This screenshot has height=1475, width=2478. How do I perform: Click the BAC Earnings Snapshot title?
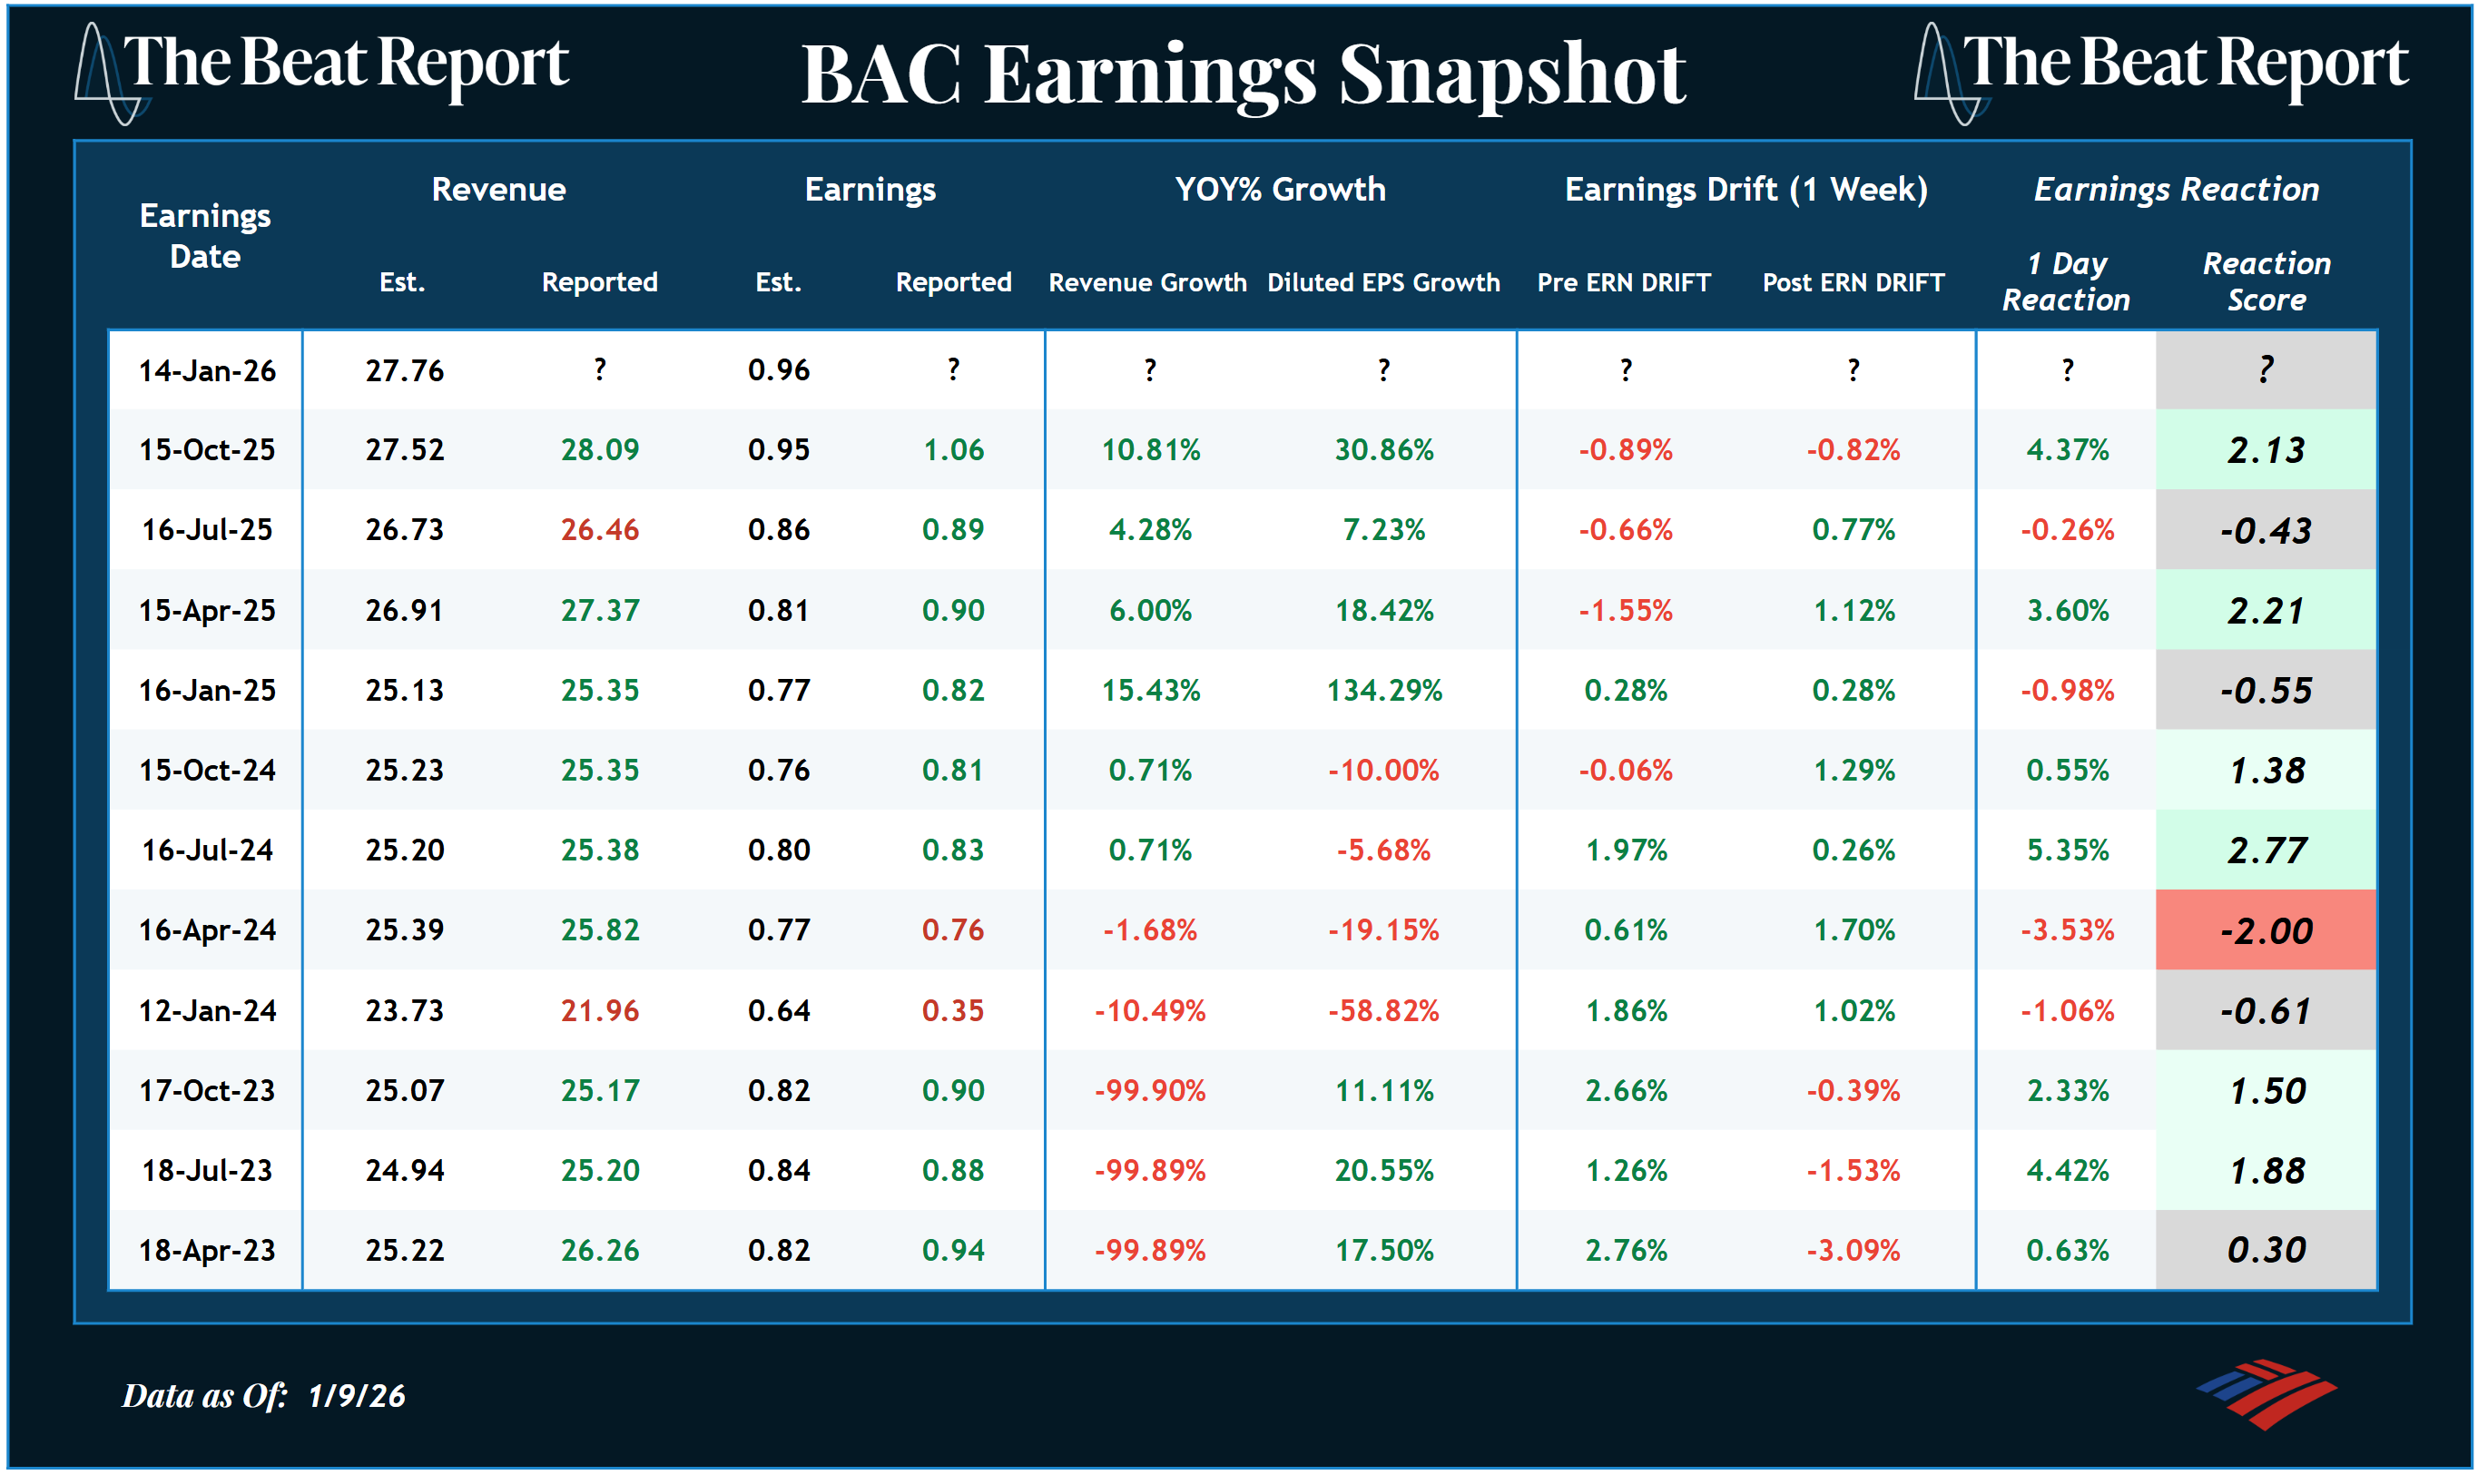pos(1243,74)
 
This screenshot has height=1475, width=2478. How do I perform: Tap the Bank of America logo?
pos(2267,1392)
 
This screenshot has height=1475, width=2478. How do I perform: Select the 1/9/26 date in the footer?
pos(356,1395)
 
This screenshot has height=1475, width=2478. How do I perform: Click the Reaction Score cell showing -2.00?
pos(2266,931)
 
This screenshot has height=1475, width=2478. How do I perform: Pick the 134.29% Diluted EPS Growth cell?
pos(1383,691)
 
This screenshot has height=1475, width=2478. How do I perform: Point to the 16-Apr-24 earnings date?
pos(207,930)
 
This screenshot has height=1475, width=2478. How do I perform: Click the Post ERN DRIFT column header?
pos(1853,282)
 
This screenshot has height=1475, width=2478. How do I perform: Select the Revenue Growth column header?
pos(1147,282)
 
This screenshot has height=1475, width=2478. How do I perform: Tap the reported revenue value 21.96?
pos(599,1011)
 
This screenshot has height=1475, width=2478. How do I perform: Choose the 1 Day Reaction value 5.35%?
pos(2067,851)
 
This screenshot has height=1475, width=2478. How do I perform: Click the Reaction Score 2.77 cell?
pos(2266,851)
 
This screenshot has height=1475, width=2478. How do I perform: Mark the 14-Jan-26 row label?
pos(207,370)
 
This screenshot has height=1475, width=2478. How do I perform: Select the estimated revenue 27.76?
pos(405,370)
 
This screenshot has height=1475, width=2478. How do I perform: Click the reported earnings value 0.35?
pos(952,1011)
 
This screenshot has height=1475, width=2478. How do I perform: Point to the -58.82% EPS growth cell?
pos(1383,1011)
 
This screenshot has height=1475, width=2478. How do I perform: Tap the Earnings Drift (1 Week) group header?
pos(1745,189)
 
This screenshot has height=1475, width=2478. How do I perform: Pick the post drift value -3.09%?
pos(1853,1251)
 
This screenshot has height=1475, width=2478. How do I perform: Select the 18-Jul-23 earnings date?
pos(207,1171)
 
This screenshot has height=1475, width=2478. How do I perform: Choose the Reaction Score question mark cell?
pos(2266,369)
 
